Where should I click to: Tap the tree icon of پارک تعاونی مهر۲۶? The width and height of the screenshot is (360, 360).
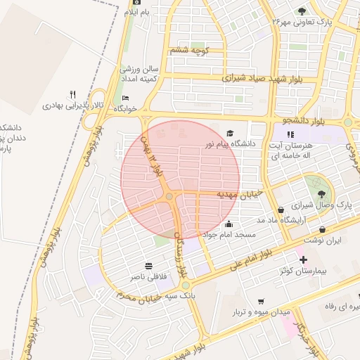[x=302, y=11]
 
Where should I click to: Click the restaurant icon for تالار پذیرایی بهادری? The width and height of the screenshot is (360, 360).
[x=72, y=95]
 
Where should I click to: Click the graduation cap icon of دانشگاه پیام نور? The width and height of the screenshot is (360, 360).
[x=230, y=134]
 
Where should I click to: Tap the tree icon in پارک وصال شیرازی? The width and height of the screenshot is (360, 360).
[x=321, y=193]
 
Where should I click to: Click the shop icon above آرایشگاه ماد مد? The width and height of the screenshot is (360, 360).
[x=281, y=210]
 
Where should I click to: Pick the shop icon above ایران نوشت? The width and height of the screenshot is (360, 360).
[x=323, y=229]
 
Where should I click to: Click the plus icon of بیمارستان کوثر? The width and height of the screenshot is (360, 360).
[x=303, y=259]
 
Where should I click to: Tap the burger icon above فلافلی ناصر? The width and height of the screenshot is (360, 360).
[x=149, y=266]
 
